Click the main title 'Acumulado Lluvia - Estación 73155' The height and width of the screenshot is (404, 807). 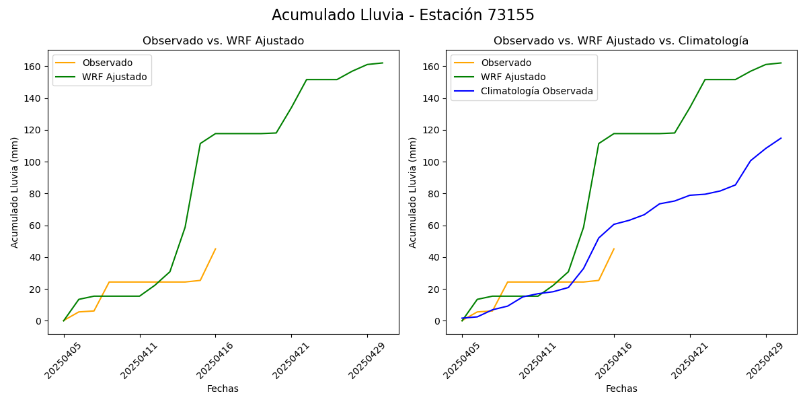point(403,15)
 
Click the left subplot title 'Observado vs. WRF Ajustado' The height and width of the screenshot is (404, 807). point(223,41)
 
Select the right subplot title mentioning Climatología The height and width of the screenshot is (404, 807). point(621,41)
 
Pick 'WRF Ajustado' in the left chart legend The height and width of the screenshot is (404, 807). point(114,77)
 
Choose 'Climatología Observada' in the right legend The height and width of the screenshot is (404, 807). point(537,92)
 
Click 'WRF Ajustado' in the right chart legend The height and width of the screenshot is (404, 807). point(513,77)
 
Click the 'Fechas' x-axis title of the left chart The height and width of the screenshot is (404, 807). point(223,389)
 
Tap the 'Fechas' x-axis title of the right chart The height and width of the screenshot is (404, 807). point(621,389)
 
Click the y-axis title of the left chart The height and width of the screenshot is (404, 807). point(15,192)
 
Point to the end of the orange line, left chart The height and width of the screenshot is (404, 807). point(215,249)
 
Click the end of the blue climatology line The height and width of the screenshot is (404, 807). point(781,138)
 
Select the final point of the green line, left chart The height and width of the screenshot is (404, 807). point(383,63)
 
